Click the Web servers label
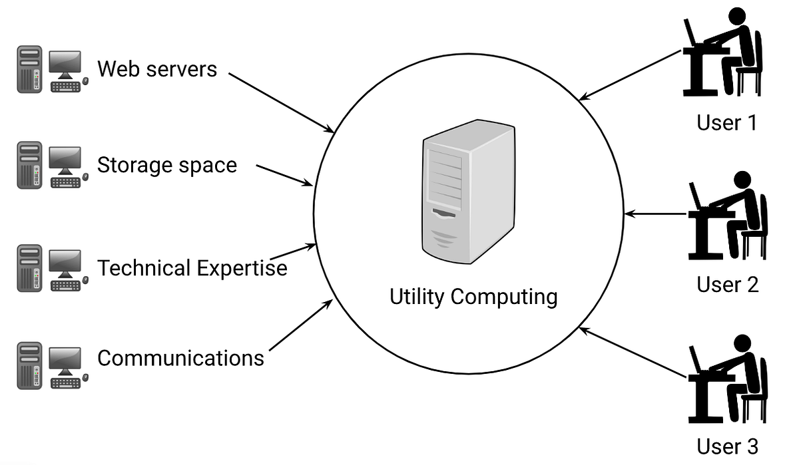click(157, 69)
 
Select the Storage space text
click(167, 164)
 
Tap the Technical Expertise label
click(192, 268)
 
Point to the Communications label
click(180, 358)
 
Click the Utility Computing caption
click(473, 296)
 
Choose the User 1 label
click(726, 122)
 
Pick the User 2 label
click(727, 285)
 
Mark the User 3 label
click(727, 446)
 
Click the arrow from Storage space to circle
click(284, 175)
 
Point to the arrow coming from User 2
click(656, 214)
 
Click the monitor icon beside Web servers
click(65, 63)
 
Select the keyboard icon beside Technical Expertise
click(65, 285)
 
